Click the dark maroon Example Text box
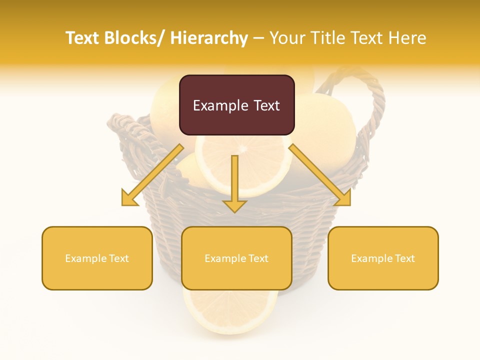pos(236,105)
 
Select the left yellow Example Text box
pos(97,258)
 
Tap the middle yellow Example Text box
pos(236,258)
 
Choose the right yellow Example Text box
pos(383,258)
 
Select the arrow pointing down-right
pos(320,175)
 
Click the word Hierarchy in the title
pos(209,38)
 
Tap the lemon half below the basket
pos(230,312)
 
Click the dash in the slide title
pos(259,38)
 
